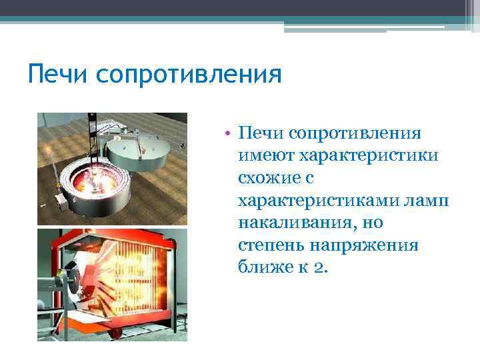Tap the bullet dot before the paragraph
pos(227,132)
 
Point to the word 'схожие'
pos(269,178)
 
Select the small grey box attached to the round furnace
pos(64,200)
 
